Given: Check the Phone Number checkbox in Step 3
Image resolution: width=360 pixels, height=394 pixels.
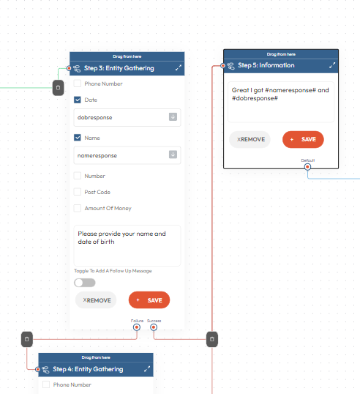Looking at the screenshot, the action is click(x=78, y=83).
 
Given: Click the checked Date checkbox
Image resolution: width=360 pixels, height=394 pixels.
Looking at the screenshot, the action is click(x=78, y=100).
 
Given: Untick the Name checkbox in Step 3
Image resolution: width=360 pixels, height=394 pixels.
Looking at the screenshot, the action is click(x=78, y=138).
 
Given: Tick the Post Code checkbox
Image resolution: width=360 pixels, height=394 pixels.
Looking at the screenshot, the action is click(x=78, y=192).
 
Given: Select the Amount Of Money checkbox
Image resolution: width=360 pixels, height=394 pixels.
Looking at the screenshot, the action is click(x=78, y=208).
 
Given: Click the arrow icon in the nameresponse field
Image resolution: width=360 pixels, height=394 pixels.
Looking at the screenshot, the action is click(x=173, y=155).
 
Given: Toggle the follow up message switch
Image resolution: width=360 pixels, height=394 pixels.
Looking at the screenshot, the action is click(x=85, y=283).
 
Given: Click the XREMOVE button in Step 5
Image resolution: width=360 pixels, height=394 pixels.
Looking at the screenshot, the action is click(x=250, y=139).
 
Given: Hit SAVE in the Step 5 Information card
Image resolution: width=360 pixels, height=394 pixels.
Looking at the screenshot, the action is click(x=303, y=139).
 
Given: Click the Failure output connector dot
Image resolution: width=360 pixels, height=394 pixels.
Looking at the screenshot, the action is click(x=137, y=327).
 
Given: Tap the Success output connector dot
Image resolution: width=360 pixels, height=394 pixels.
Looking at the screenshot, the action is click(x=154, y=327).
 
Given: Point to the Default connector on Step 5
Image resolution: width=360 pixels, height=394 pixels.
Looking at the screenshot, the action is click(x=307, y=167).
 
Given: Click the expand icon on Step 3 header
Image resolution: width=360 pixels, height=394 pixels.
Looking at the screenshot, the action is click(x=179, y=68).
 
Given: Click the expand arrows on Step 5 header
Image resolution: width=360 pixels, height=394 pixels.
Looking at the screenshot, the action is click(x=332, y=65).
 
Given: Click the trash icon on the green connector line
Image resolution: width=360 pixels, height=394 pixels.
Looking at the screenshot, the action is click(x=58, y=88).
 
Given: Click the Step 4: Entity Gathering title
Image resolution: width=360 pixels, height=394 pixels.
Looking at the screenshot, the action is click(x=88, y=369).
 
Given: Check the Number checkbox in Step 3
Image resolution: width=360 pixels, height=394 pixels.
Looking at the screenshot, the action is click(x=78, y=176).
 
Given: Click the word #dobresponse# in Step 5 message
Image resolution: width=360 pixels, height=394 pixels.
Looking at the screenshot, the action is click(x=255, y=98).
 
